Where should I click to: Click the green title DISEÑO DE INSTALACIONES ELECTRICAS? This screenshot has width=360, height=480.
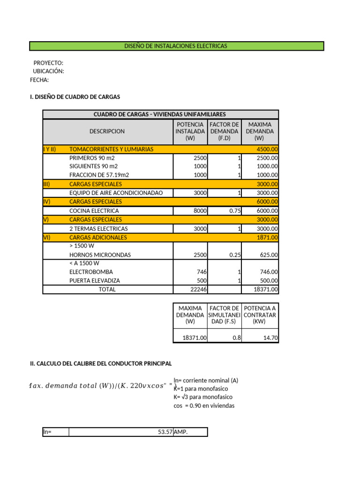point(176,46)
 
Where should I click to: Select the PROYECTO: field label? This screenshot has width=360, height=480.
point(48,63)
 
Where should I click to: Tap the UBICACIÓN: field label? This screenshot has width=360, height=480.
point(48,71)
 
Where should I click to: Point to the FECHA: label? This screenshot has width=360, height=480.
point(39,80)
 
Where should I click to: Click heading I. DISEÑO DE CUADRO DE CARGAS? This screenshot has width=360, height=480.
point(75,97)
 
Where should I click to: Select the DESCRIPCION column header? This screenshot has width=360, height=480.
point(107,132)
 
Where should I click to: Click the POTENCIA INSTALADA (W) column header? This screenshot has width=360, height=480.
point(190,132)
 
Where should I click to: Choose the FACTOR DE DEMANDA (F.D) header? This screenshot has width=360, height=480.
point(225,132)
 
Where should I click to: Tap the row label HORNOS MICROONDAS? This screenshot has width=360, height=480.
point(100,255)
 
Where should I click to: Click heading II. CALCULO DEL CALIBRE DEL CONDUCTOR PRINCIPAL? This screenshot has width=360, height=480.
point(101,364)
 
